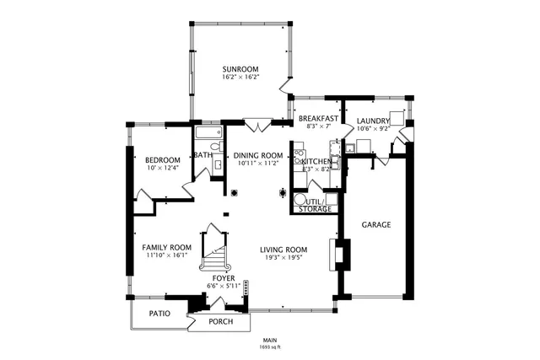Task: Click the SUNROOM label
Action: (x=240, y=69)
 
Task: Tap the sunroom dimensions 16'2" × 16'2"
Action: (x=240, y=78)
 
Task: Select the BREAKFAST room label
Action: (x=317, y=119)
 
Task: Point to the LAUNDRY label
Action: (x=373, y=121)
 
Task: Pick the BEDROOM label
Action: (x=162, y=160)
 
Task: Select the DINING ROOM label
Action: (x=257, y=156)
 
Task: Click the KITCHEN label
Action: (x=317, y=161)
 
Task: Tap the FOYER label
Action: (x=223, y=277)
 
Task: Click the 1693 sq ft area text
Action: (x=270, y=347)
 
